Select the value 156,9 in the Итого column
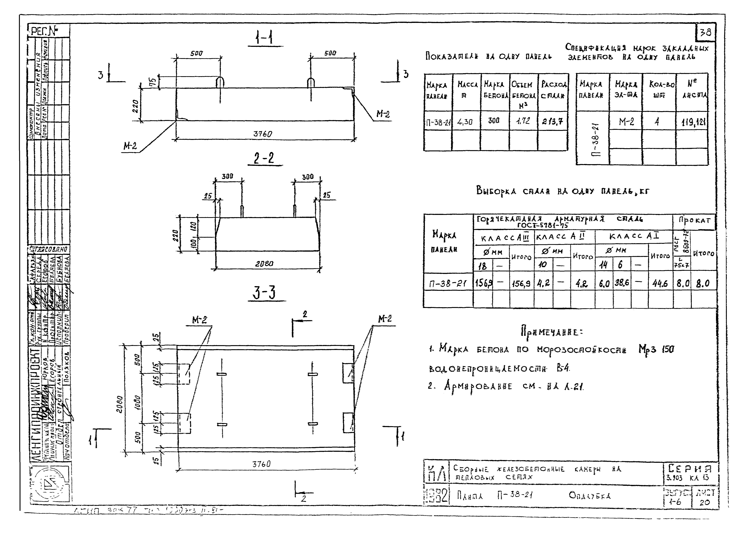521,283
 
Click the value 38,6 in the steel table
621,283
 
